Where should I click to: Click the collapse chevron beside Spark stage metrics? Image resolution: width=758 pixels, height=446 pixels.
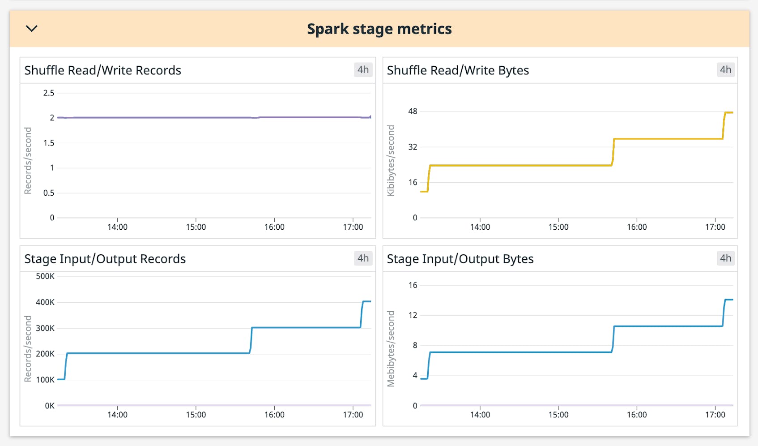[x=32, y=29]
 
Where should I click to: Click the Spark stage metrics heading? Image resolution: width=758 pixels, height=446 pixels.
[x=379, y=29]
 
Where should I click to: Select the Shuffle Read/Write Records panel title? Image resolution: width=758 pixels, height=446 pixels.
[x=102, y=70]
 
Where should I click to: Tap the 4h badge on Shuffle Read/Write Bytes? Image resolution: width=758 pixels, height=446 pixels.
[x=725, y=70]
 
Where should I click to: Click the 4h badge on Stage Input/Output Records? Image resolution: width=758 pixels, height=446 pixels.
[x=363, y=258]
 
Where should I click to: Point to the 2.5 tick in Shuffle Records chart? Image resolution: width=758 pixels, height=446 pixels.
[x=49, y=93]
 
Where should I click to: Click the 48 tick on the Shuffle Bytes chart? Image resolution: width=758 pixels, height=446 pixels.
[x=413, y=111]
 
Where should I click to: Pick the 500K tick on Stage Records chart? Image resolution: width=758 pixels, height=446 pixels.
[x=45, y=276]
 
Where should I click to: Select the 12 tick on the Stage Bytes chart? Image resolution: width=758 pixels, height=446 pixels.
[x=413, y=315]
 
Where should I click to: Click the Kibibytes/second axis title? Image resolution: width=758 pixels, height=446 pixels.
[x=391, y=161]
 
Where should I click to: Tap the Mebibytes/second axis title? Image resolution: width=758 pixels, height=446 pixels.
[x=391, y=349]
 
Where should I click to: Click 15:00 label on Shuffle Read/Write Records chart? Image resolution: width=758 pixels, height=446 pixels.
[x=196, y=227]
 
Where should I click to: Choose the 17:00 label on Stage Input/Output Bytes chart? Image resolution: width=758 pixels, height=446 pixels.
[x=715, y=415]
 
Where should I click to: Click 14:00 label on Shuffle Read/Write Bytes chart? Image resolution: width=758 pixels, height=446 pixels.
[x=480, y=227]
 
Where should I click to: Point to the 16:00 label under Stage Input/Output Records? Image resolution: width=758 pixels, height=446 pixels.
[x=274, y=415]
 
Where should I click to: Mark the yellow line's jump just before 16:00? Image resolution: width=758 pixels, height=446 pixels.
[x=613, y=152]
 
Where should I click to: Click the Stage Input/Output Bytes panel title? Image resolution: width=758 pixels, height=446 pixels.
[x=460, y=259]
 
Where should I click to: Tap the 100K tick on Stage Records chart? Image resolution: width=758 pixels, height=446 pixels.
[x=45, y=380]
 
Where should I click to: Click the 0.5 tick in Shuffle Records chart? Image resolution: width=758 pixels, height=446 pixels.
[x=49, y=193]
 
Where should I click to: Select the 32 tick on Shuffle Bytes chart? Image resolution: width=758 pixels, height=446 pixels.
[x=413, y=147]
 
